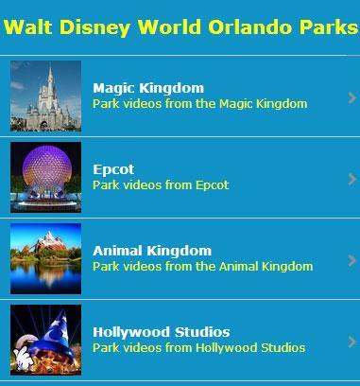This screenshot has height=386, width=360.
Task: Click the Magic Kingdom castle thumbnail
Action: pyautogui.click(x=45, y=96)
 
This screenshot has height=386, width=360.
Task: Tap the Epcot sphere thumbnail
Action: pyautogui.click(x=45, y=178)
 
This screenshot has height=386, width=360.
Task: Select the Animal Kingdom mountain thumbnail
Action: pyautogui.click(x=45, y=259)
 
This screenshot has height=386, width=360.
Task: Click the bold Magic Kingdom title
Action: pyautogui.click(x=148, y=88)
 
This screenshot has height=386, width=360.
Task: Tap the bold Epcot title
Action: pyautogui.click(x=113, y=169)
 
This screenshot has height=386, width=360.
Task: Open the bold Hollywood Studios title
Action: pyautogui.click(x=162, y=332)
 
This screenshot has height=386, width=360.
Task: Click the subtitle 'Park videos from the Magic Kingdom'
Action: pyautogui.click(x=200, y=103)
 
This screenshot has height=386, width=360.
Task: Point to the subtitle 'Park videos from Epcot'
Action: pyautogui.click(x=161, y=184)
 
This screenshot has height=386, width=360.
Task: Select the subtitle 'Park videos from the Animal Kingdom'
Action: pyautogui.click(x=202, y=266)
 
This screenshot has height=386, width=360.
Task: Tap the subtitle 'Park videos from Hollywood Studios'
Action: pyautogui.click(x=198, y=347)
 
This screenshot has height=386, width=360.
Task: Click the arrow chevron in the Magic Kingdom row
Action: pyautogui.click(x=351, y=96)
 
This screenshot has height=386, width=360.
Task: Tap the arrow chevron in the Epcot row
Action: pyautogui.click(x=351, y=178)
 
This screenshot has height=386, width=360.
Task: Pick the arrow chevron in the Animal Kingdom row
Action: pyautogui.click(x=351, y=259)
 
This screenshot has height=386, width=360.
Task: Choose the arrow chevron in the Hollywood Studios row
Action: pyautogui.click(x=351, y=341)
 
